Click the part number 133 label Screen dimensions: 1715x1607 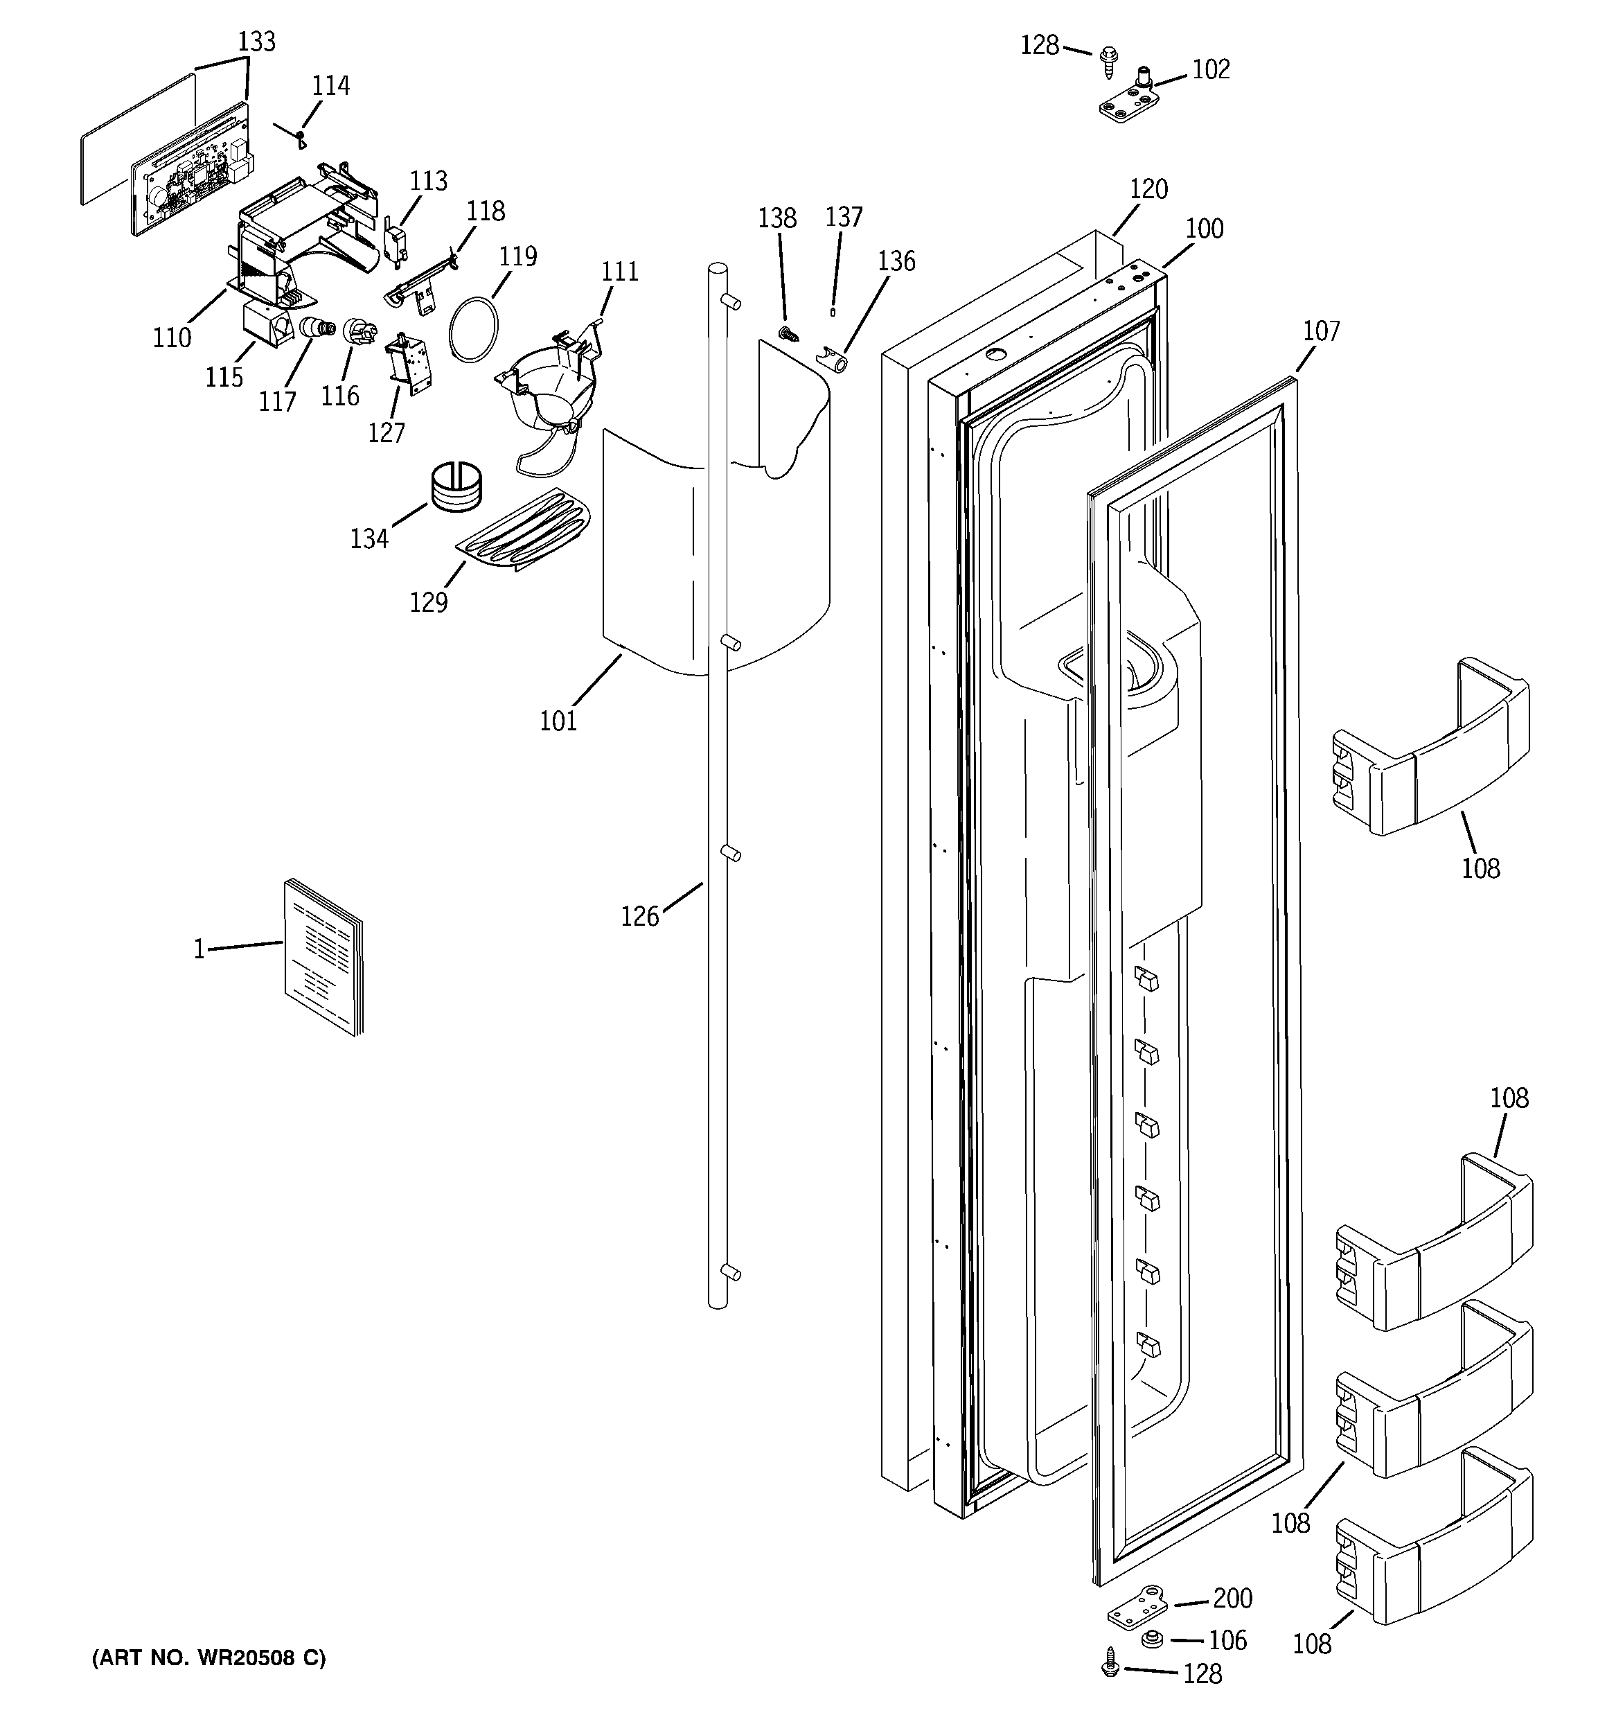256,42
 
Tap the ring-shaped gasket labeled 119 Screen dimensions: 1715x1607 474,328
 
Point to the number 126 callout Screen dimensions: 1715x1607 639,916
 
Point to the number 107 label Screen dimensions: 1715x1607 1321,331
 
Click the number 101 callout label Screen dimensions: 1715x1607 558,721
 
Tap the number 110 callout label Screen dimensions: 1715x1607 172,338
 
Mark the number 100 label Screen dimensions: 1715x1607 1204,229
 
